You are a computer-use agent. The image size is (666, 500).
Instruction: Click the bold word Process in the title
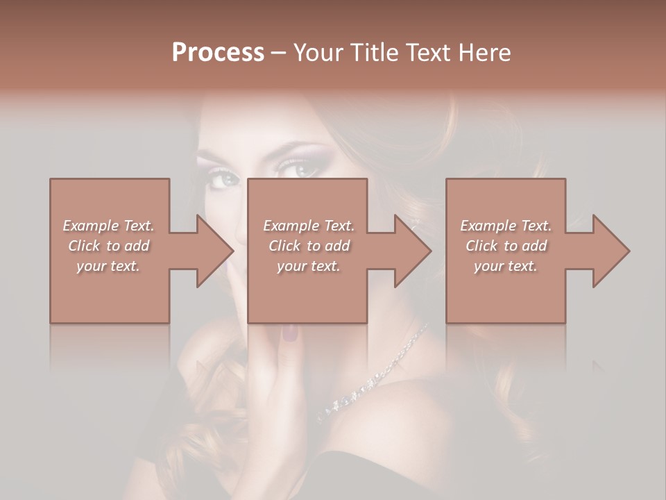tap(218, 52)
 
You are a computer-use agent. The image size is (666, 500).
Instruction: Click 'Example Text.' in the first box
tap(108, 225)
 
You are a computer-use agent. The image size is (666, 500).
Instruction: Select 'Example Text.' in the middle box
tap(308, 225)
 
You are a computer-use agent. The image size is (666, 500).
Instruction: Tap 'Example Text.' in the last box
tap(506, 225)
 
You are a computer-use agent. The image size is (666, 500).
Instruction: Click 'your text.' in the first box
tap(108, 265)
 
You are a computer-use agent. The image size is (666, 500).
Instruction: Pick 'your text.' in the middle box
tap(308, 265)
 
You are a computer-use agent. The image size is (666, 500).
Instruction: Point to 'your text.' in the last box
tap(506, 265)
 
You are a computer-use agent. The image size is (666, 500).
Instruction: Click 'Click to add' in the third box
tap(506, 245)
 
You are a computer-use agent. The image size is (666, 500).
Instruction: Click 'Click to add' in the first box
tap(108, 245)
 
